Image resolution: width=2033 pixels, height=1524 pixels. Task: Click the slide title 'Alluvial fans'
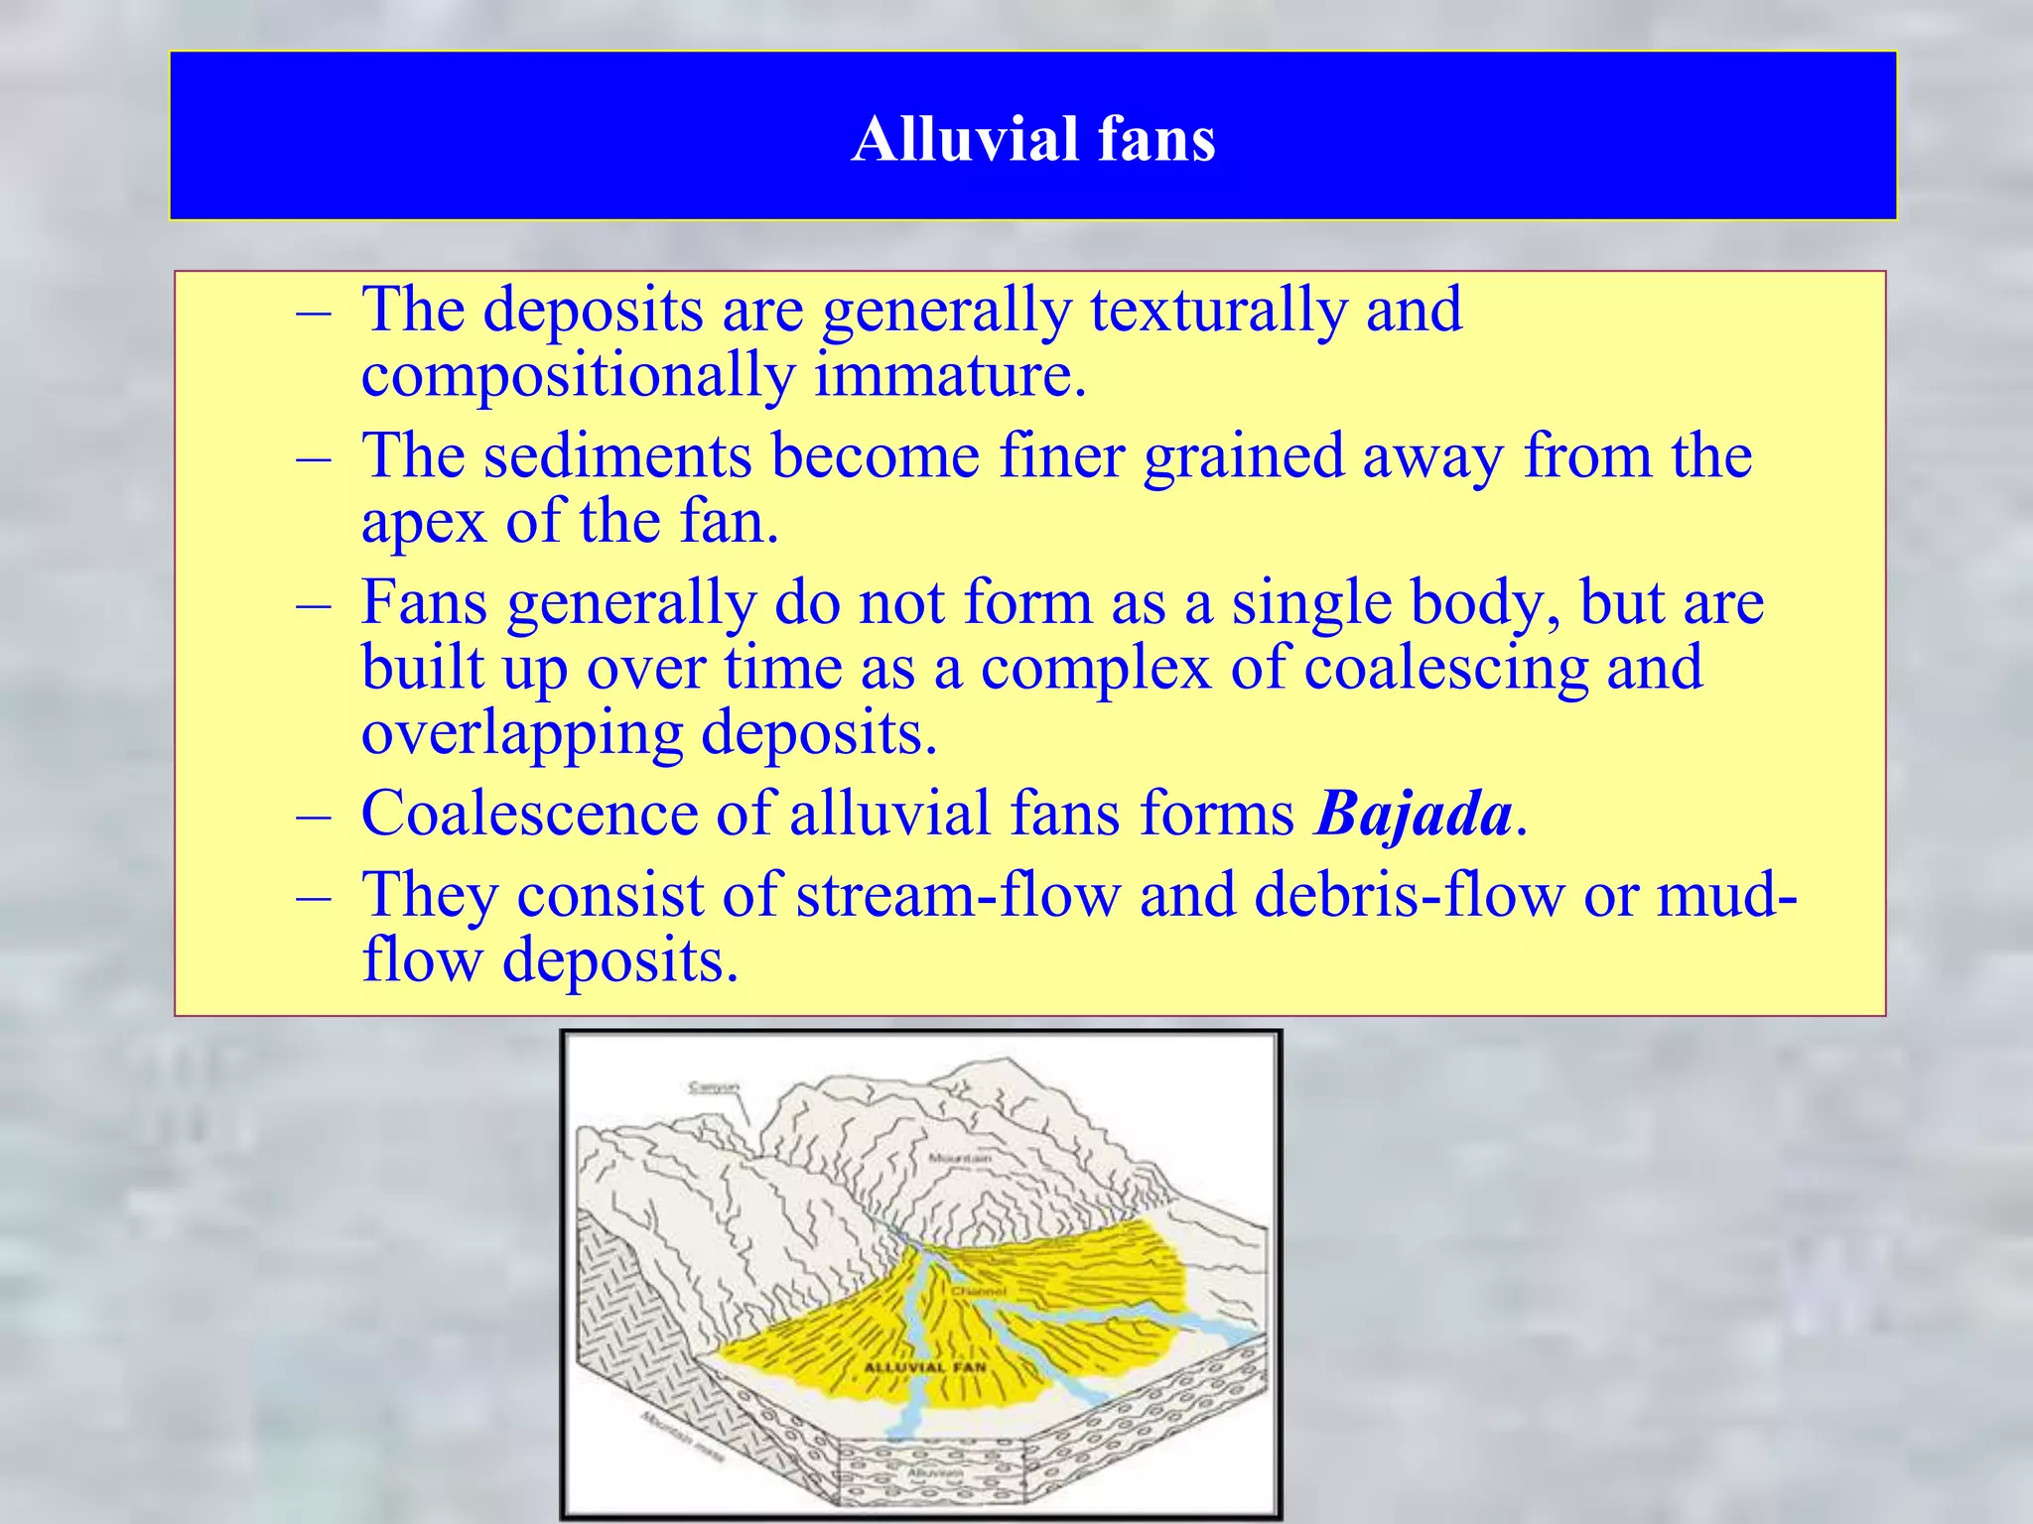(1032, 138)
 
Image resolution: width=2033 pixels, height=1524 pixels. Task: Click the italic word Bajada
(1413, 814)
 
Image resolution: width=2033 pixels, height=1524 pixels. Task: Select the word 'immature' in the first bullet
(950, 376)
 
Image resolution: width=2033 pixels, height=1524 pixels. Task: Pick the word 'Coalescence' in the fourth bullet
(529, 814)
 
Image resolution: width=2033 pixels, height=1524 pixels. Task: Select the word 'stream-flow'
(957, 894)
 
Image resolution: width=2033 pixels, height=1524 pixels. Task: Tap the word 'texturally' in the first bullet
(1218, 311)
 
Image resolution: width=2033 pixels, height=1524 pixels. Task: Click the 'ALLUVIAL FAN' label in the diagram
(925, 1367)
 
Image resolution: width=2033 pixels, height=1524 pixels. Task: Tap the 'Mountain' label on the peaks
(959, 1158)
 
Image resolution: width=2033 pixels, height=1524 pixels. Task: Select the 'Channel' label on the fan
(979, 1291)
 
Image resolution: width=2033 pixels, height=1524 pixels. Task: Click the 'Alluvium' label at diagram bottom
(933, 1474)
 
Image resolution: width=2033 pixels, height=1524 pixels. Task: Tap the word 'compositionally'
(578, 376)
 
